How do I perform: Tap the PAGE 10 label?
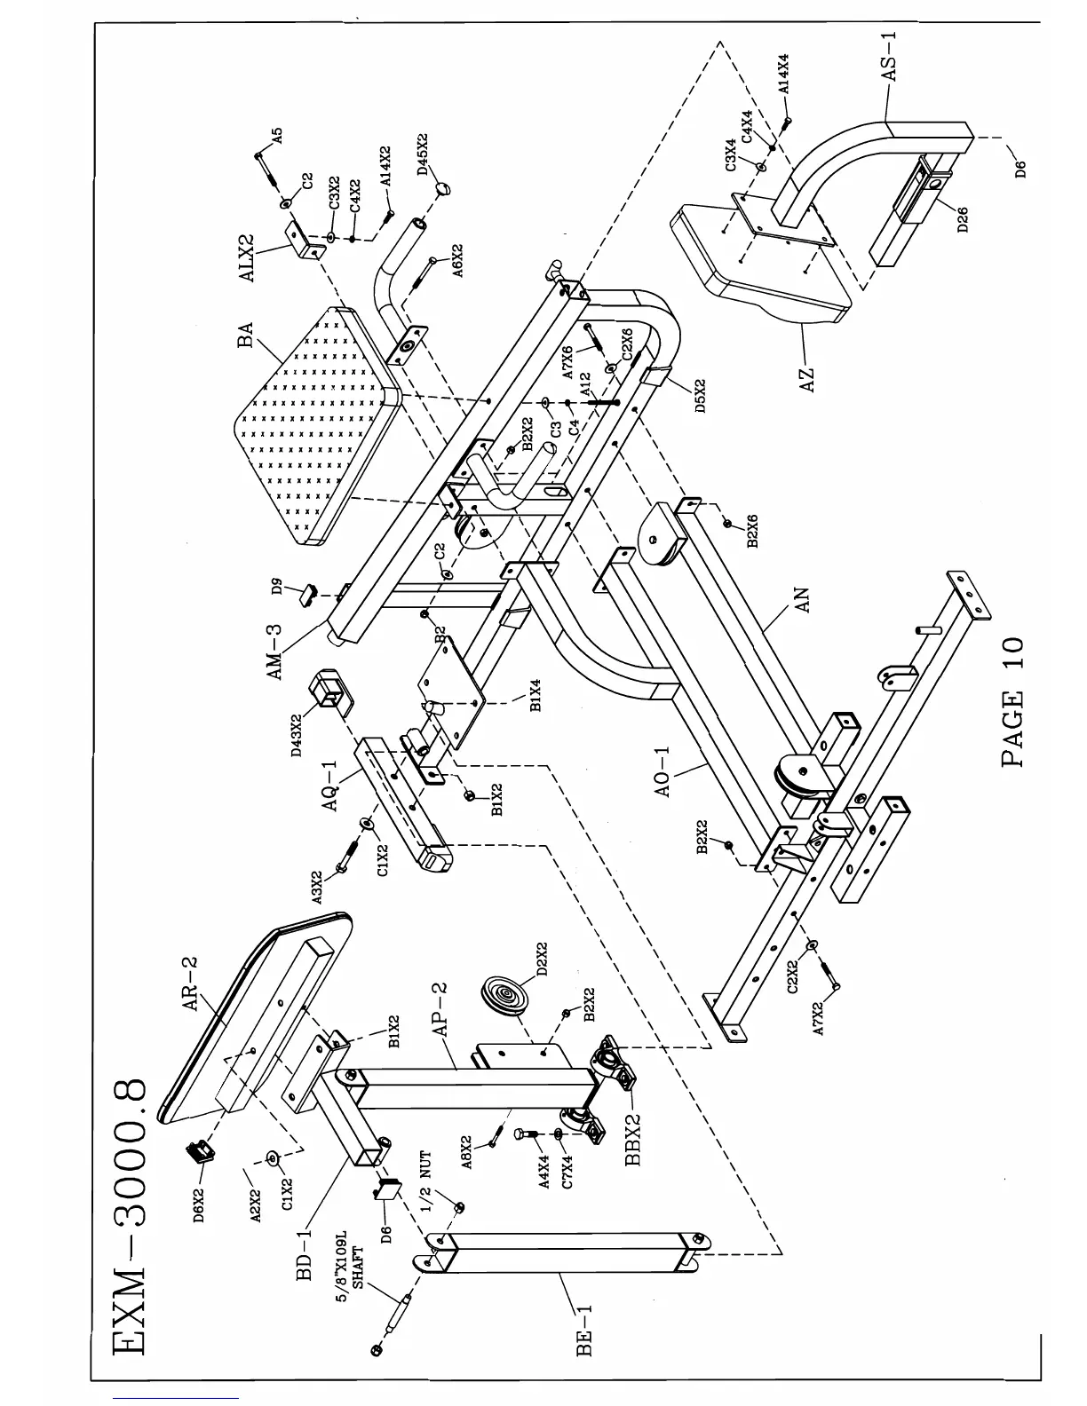tap(1013, 703)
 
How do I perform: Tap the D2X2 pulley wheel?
tap(501, 992)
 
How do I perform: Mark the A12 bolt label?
tap(585, 383)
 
